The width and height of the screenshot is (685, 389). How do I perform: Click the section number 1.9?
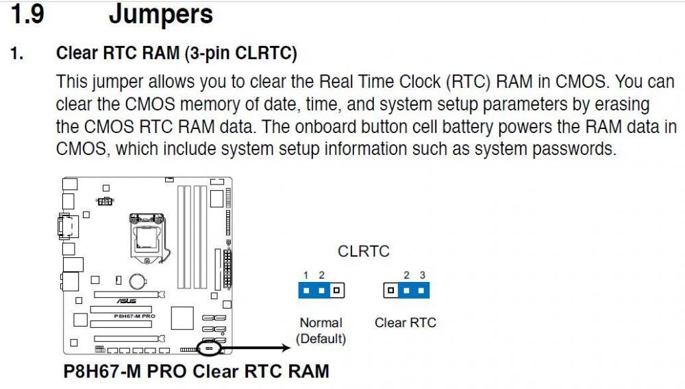(x=29, y=14)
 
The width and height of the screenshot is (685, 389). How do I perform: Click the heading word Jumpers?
(x=161, y=14)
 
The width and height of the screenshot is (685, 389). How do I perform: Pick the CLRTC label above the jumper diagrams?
(x=364, y=252)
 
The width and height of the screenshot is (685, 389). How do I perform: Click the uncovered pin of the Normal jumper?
(x=336, y=290)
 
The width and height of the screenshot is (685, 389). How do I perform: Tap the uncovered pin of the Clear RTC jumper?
(x=390, y=290)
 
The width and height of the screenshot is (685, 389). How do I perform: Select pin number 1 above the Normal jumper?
(x=306, y=275)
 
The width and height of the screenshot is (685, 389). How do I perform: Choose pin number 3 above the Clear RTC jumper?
(x=423, y=275)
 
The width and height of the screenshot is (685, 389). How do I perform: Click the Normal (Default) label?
(x=321, y=330)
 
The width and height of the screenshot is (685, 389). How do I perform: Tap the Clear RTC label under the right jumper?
(x=405, y=322)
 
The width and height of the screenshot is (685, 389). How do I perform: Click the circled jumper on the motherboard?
(x=210, y=348)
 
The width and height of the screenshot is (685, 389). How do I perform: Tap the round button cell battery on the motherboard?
(x=139, y=281)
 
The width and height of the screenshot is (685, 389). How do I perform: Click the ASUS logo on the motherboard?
(x=125, y=300)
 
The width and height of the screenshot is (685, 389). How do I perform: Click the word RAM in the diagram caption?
(x=306, y=372)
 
